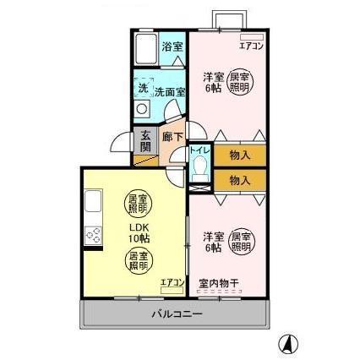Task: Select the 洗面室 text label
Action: tap(165, 90)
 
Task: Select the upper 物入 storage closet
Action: tap(239, 155)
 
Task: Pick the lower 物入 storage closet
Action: tap(239, 179)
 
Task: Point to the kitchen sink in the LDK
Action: tap(92, 205)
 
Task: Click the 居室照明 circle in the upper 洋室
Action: tap(241, 82)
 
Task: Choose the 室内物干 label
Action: tap(216, 283)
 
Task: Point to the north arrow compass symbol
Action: tap(289, 342)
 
